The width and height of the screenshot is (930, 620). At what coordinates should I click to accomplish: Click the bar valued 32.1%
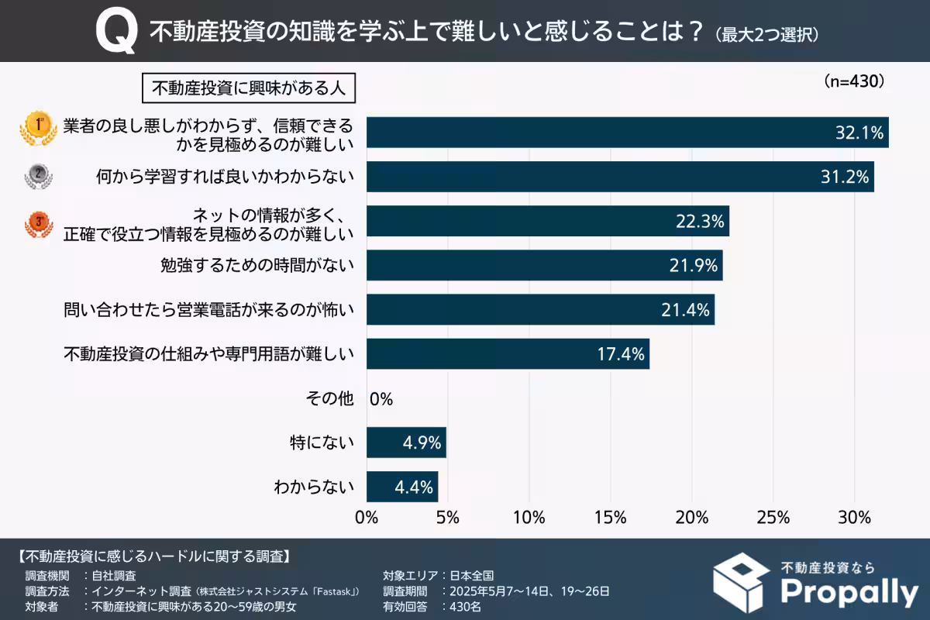coord(626,133)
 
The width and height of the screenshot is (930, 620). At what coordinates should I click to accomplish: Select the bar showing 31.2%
coord(619,177)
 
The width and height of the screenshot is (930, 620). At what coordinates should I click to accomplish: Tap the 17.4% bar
coord(507,354)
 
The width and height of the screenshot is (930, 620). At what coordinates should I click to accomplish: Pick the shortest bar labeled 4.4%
coord(401,487)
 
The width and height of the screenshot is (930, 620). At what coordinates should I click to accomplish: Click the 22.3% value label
coord(700,222)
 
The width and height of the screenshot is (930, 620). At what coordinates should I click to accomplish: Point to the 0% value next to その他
coord(381,399)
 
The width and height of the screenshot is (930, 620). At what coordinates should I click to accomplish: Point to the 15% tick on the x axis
coord(610,517)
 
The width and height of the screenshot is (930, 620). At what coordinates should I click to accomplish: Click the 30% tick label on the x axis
coord(854,517)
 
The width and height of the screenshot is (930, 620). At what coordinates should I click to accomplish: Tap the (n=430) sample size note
coord(853,81)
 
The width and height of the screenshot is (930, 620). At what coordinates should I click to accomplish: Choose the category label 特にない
coord(321,443)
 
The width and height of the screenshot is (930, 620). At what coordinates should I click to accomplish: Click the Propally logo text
coord(849,592)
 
